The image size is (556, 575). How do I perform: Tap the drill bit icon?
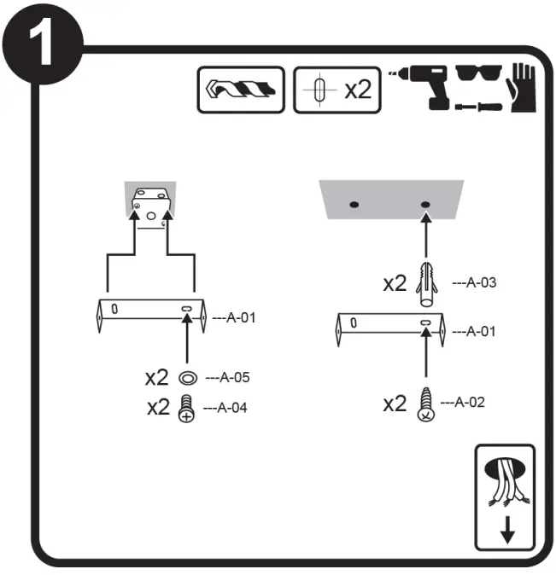[241, 88]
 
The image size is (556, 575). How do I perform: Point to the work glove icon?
[523, 89]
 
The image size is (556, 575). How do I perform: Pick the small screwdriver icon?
[476, 107]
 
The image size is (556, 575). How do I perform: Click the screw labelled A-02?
[425, 404]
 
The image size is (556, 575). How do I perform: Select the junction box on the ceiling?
[150, 206]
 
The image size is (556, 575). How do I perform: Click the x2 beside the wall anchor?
[395, 284]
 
